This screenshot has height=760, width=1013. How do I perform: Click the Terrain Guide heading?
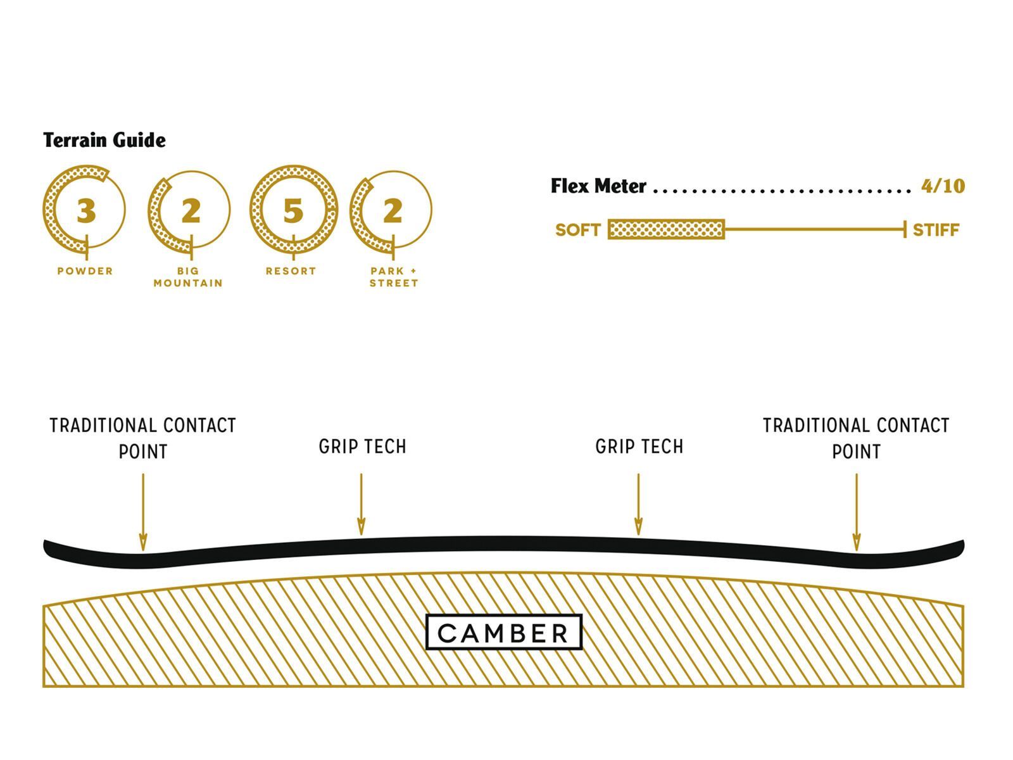click(x=104, y=140)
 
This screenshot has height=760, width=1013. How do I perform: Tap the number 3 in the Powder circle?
click(x=86, y=211)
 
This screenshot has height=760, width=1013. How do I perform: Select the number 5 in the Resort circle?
click(x=293, y=211)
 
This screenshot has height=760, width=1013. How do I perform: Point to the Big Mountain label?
click(x=188, y=277)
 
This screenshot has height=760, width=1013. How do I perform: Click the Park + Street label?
click(x=394, y=277)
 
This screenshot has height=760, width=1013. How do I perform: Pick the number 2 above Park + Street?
click(x=393, y=211)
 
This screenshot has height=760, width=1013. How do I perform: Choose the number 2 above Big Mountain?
click(x=190, y=211)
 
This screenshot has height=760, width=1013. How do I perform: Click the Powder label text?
click(x=85, y=271)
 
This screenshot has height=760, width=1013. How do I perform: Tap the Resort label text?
click(x=291, y=271)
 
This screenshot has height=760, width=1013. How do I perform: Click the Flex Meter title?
click(x=598, y=186)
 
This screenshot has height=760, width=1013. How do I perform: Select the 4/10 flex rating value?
click(x=943, y=186)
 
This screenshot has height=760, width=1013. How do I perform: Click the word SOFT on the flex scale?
click(x=577, y=230)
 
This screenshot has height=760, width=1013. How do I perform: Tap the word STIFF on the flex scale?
click(x=936, y=230)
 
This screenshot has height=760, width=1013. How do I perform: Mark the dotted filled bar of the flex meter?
click(x=666, y=229)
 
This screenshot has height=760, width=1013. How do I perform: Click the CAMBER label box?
click(x=503, y=632)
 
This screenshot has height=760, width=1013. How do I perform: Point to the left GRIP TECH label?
click(x=362, y=446)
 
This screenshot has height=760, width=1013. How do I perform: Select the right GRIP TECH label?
click(x=639, y=446)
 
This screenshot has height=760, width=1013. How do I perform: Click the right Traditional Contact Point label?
click(x=856, y=438)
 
